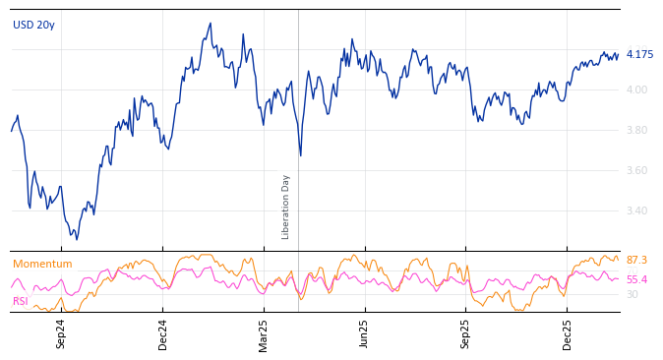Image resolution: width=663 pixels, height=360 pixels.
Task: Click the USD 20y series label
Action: click(33, 25)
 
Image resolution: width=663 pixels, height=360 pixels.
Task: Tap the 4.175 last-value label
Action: click(639, 54)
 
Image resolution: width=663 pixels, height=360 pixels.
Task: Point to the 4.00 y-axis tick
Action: click(636, 90)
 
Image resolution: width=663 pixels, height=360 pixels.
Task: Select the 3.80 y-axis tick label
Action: click(636, 130)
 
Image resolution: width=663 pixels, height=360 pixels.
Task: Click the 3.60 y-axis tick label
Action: click(636, 170)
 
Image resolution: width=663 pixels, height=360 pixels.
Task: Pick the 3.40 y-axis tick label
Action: click(636, 210)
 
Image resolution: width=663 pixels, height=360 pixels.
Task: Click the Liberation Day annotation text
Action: click(286, 207)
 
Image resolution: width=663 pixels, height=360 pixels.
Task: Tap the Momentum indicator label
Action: click(42, 264)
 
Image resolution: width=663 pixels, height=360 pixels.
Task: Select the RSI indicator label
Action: click(20, 301)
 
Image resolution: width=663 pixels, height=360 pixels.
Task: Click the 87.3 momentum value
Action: click(636, 260)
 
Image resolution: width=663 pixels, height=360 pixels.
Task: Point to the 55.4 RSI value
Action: click(636, 279)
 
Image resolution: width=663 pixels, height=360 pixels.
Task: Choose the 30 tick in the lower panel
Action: click(632, 294)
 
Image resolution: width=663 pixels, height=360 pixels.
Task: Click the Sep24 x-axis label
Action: click(61, 333)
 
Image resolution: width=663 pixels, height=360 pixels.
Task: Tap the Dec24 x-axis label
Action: click(163, 333)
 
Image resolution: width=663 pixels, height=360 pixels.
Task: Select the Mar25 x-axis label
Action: click(264, 333)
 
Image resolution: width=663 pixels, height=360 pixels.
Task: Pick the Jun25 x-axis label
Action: click(365, 333)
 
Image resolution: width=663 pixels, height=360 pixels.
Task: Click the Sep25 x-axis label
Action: click(466, 333)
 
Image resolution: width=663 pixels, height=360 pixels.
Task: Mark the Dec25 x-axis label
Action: click(568, 333)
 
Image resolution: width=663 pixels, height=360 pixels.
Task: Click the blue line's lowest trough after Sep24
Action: click(77, 239)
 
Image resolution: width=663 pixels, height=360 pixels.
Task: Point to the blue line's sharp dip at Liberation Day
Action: click(301, 154)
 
